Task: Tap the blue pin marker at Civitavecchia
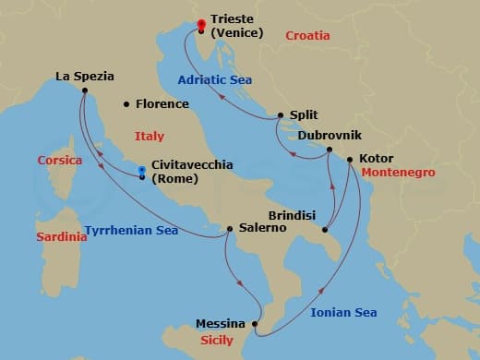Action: (141, 171)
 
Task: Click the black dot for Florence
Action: (126, 104)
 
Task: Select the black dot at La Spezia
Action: (84, 90)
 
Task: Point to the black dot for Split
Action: (282, 116)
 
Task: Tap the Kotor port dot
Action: (351, 159)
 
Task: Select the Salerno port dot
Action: (230, 228)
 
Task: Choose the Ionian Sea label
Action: (343, 313)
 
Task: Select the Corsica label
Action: (60, 160)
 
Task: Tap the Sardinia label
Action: (62, 237)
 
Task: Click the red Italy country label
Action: (149, 136)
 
